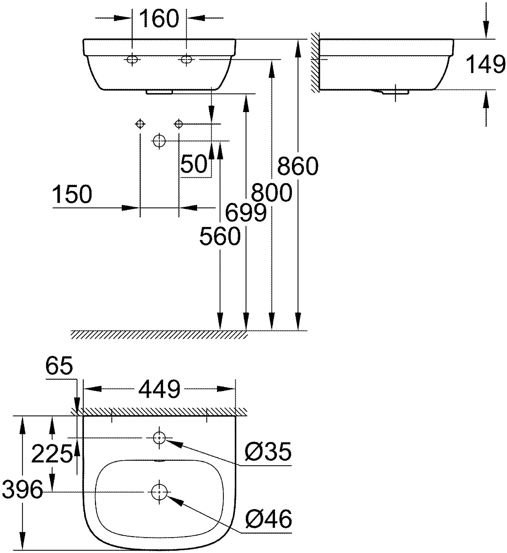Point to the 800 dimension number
click(x=272, y=192)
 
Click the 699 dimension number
click(x=246, y=213)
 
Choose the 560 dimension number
click(x=220, y=236)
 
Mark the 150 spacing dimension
click(x=72, y=194)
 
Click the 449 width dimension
click(x=159, y=389)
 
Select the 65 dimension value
click(x=59, y=366)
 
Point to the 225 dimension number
click(x=52, y=453)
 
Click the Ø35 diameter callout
click(x=268, y=451)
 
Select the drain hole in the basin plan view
click(x=159, y=491)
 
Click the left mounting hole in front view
click(x=132, y=59)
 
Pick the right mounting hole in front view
click(x=187, y=59)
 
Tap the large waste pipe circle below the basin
click(x=159, y=140)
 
